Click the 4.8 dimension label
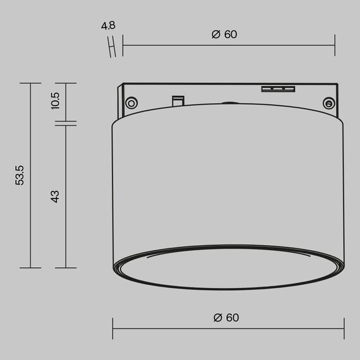109,27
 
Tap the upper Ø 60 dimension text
224,35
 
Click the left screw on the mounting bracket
131,103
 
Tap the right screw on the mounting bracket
328,103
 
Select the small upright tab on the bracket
178,100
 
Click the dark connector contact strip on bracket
279,88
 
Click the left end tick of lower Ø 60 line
113,327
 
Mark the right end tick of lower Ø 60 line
344,327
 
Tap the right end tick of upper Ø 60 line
335,45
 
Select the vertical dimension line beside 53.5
30,175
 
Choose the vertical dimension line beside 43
66,196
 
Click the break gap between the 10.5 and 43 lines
66,122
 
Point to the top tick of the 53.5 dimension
30,83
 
